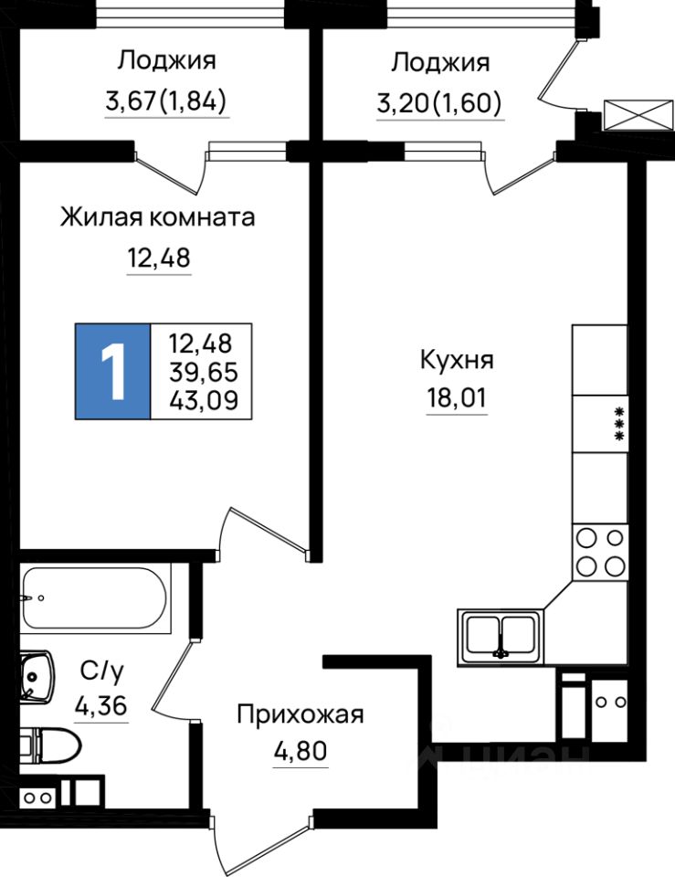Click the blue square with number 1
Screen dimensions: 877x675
tap(112, 372)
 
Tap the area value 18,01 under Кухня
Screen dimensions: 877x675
tap(456, 398)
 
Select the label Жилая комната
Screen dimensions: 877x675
tap(157, 218)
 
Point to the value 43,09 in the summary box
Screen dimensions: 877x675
tap(200, 399)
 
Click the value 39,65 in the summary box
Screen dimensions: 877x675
tap(200, 372)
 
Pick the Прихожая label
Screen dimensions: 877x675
tap(300, 713)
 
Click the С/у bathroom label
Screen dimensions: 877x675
tap(100, 671)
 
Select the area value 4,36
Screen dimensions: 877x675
tap(100, 706)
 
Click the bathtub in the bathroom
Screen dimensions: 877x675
tap(95, 602)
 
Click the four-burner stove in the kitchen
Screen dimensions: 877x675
tap(600, 553)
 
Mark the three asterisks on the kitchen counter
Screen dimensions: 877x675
tap(619, 424)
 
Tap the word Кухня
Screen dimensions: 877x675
tap(457, 360)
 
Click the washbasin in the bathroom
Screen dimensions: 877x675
tap(34, 678)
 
